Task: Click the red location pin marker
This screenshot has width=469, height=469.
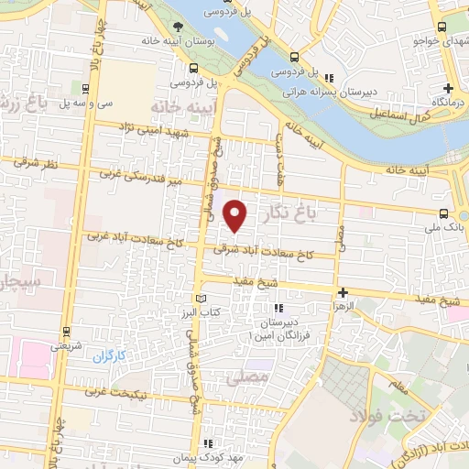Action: pos(236,215)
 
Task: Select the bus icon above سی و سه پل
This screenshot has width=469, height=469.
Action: pos(85,89)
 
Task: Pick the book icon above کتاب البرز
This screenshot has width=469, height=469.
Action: pos(202,299)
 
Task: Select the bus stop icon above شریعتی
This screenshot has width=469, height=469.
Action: pos(67,332)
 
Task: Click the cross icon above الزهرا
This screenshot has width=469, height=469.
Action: pos(344,293)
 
